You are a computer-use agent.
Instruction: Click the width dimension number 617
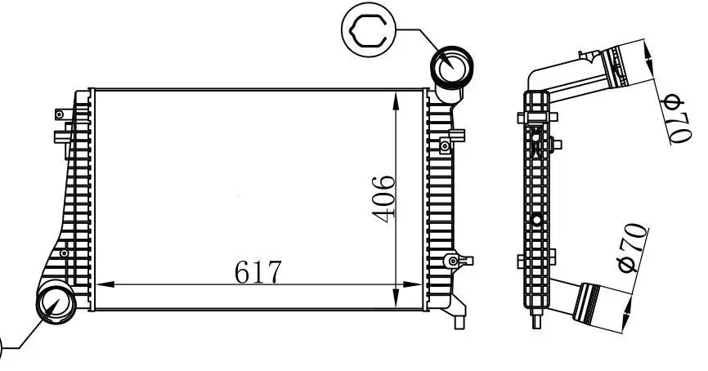[258, 271]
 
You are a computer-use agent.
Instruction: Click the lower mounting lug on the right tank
[453, 261]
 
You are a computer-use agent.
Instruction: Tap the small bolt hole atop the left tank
[59, 114]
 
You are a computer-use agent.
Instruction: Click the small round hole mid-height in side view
[536, 220]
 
